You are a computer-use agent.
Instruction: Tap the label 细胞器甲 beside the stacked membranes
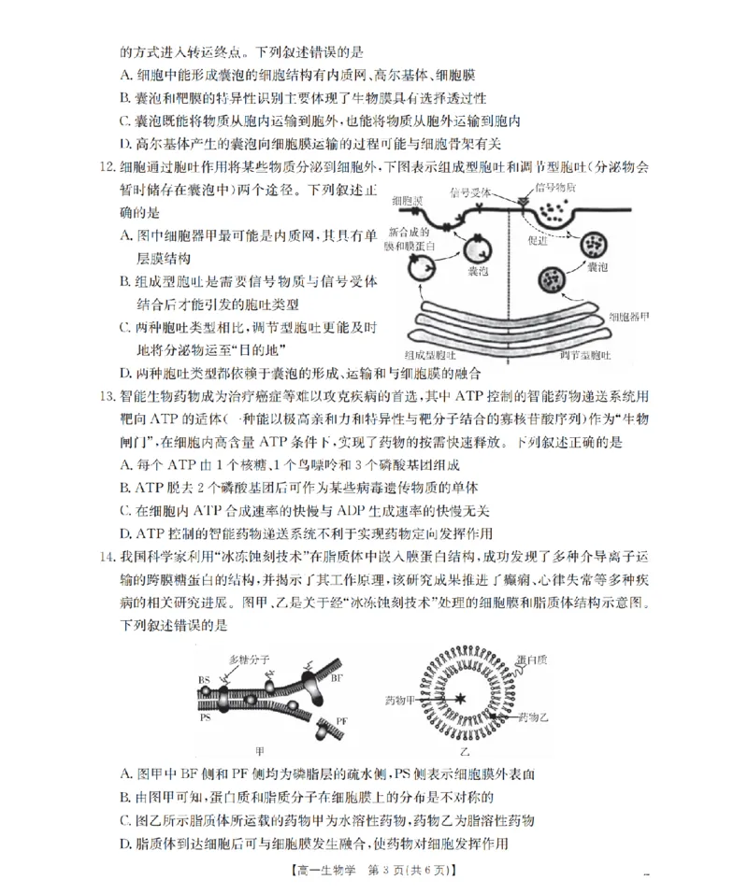pyautogui.click(x=628, y=318)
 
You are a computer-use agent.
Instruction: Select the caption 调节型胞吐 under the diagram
pyautogui.click(x=584, y=356)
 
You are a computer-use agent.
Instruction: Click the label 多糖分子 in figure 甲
pyautogui.click(x=250, y=659)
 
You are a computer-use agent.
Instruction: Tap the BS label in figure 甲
pyautogui.click(x=203, y=680)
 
